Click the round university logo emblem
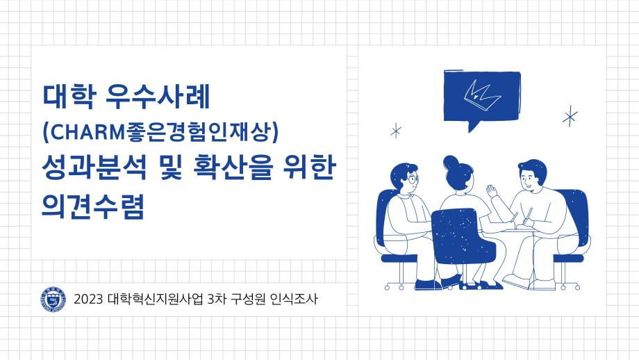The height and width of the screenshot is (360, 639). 51,300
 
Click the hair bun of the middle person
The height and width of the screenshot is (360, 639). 452,163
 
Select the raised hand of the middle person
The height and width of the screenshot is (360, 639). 492,190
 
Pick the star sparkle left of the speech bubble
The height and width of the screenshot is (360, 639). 396,131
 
